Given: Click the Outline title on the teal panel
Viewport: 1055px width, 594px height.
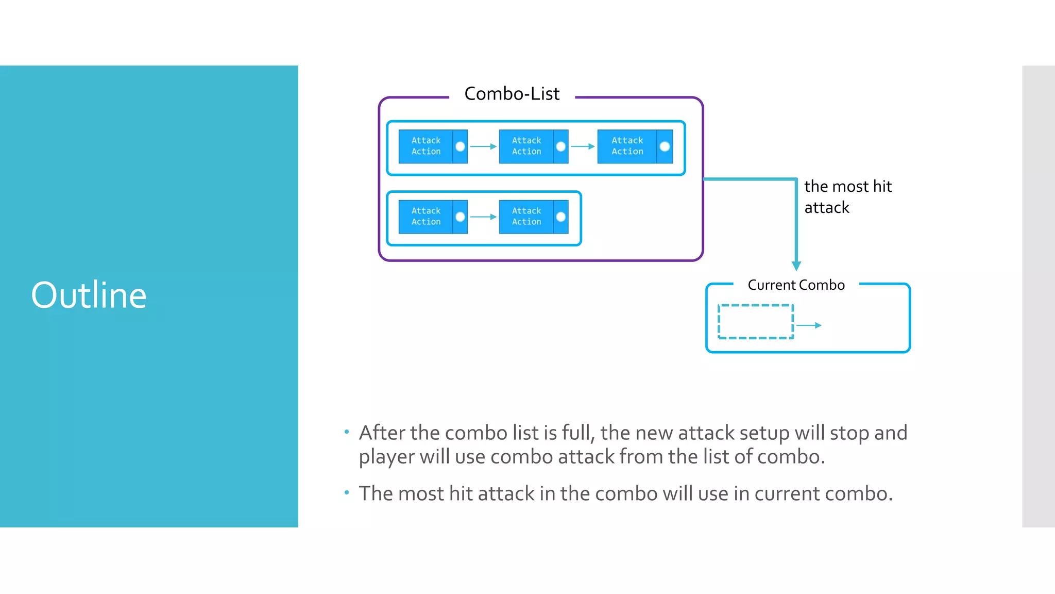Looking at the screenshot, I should tap(89, 295).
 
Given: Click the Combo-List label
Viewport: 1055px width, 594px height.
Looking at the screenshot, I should tap(512, 94).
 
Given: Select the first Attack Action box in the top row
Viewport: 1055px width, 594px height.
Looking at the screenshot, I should tap(426, 146).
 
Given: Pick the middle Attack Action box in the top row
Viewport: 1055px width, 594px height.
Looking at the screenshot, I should tap(526, 146).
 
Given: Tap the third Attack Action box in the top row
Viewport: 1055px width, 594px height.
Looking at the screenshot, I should tap(627, 146).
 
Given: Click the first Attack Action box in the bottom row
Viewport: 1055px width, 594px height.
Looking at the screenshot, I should tap(426, 217).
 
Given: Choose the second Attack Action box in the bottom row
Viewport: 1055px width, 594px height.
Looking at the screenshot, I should tap(526, 217).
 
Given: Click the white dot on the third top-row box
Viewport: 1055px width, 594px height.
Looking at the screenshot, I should tap(665, 146).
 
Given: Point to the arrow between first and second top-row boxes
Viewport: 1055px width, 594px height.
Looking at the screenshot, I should tap(483, 146).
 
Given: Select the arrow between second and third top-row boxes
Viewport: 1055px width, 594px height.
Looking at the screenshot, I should tap(583, 146).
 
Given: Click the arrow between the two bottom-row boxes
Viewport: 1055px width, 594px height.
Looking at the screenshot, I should tap(483, 217).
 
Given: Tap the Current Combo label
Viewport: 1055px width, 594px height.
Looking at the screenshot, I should tap(796, 285).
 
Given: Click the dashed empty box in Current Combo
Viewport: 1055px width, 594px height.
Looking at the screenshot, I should tap(756, 322).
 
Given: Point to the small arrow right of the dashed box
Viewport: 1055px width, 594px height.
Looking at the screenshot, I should tap(809, 325).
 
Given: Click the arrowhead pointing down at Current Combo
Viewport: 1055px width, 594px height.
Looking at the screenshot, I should tap(796, 266).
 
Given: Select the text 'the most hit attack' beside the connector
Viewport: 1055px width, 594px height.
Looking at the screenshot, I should tap(847, 196).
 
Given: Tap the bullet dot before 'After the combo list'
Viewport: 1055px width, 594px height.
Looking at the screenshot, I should tap(347, 432).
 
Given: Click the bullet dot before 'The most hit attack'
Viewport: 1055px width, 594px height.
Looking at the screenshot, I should tap(347, 493).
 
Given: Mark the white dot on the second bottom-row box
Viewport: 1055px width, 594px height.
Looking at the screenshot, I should tap(561, 217).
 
